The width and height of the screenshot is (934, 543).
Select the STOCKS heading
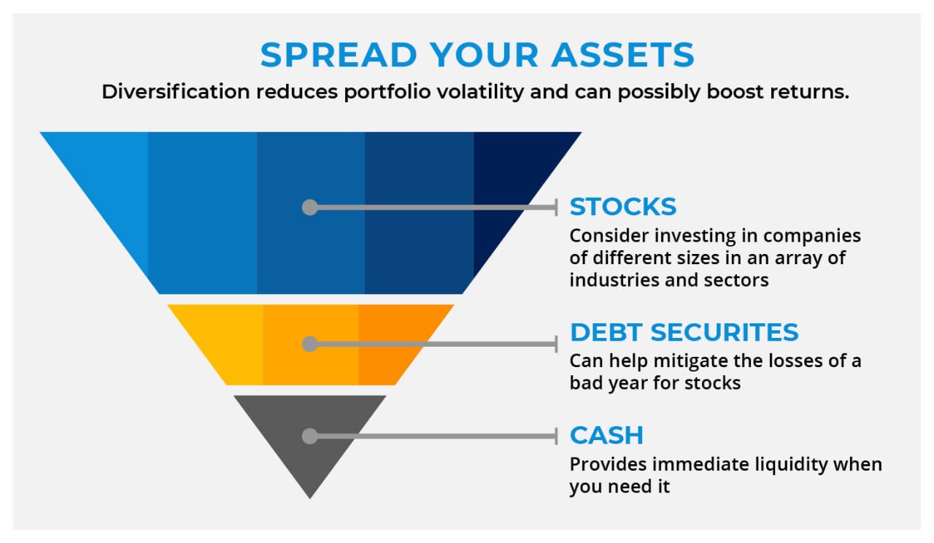[x=622, y=207]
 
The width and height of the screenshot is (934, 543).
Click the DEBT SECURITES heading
[x=684, y=332]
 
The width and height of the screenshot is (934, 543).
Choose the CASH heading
[x=606, y=435]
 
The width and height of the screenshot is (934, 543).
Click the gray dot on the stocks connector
[x=310, y=207]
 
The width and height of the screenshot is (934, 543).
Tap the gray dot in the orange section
[x=310, y=344]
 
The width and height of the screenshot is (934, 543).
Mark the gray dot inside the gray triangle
[x=310, y=436]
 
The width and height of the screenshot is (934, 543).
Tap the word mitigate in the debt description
[x=680, y=361]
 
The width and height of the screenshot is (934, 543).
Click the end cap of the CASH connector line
[x=556, y=436]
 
